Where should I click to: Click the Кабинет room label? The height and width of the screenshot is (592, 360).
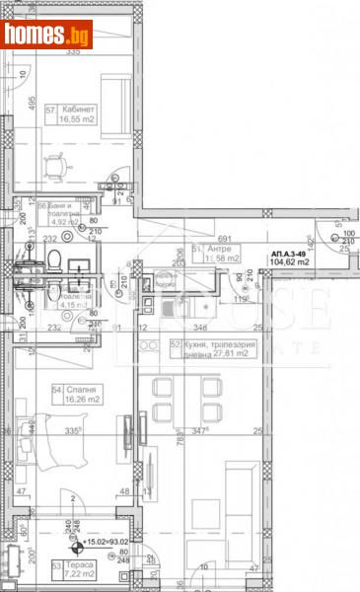(x=78, y=109)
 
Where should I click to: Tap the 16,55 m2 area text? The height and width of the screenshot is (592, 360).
(x=78, y=120)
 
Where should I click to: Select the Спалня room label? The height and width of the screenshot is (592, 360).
(x=75, y=391)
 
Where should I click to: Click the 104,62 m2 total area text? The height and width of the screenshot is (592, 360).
(x=290, y=262)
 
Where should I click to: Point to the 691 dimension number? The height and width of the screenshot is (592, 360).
(x=223, y=240)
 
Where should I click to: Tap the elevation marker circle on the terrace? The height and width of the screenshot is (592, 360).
(x=78, y=542)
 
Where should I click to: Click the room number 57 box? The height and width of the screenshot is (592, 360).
(x=50, y=109)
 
